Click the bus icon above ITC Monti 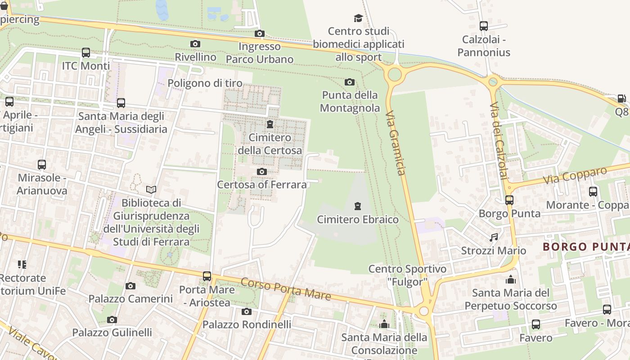point(86,53)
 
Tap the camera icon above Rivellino point(195,44)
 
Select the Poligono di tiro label point(205,83)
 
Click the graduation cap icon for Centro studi point(358,18)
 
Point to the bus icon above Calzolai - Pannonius point(484,26)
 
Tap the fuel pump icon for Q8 point(621,98)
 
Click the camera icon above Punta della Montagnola point(349,82)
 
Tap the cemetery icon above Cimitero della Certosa point(270,124)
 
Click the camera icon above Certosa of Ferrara point(261,171)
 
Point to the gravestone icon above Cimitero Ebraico point(358,206)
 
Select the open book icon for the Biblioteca point(151,189)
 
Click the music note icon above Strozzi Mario point(494,237)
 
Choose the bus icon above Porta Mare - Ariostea point(207,276)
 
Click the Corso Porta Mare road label point(286,289)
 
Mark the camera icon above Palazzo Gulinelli point(112,319)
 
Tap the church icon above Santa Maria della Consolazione point(384,324)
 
